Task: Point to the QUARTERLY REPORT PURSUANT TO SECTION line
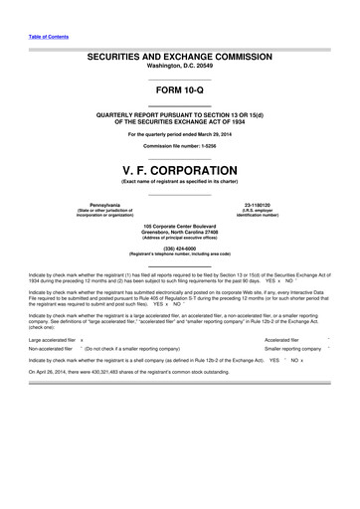pyautogui.click(x=180, y=114)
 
